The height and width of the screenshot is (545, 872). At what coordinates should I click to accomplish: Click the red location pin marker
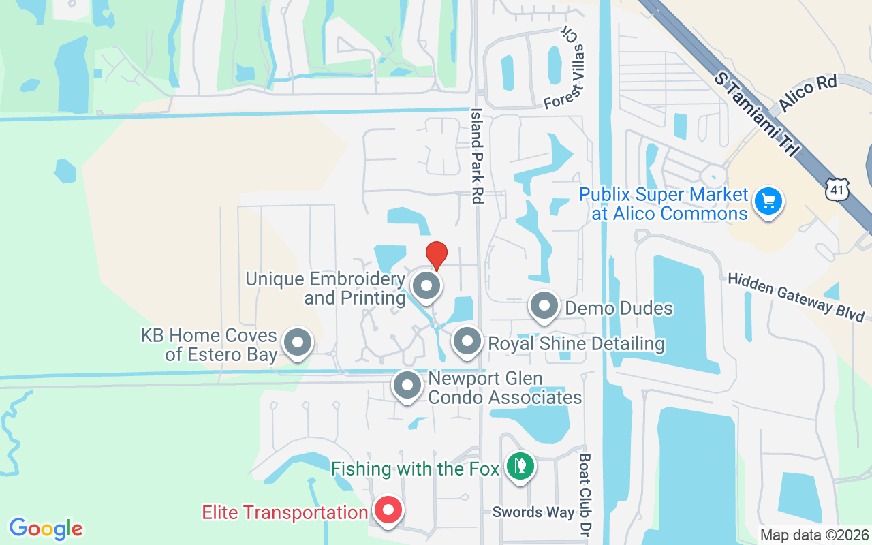coord(436,255)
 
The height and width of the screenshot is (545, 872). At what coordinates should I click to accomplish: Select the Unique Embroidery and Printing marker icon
coord(427,286)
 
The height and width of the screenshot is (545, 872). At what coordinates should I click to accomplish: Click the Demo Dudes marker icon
coord(544,307)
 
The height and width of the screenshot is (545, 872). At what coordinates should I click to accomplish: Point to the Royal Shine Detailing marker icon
coord(467,342)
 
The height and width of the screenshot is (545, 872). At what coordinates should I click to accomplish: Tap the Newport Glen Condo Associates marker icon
coord(407,386)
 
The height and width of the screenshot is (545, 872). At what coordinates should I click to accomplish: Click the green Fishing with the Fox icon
coord(520,467)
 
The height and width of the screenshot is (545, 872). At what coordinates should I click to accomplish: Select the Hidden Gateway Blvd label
coord(796,296)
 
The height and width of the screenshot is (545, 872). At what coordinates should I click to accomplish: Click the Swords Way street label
coord(533,512)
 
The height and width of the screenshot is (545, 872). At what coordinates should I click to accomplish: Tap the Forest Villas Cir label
coord(565,69)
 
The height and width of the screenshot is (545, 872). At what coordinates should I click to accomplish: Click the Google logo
coord(46,529)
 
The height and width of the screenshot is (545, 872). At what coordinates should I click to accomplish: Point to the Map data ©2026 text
coord(814,535)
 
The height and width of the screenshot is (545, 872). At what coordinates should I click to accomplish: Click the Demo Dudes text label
coord(619,308)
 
